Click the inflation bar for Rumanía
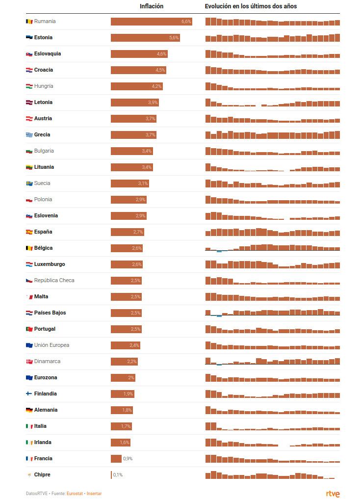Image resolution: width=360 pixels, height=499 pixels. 151,22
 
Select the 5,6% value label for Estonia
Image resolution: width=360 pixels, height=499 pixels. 174,38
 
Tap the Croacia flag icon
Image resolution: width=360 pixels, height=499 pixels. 29,70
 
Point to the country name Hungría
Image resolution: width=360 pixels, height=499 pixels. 44,86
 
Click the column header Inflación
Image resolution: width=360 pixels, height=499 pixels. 152,6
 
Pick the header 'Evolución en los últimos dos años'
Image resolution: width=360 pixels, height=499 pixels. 251,6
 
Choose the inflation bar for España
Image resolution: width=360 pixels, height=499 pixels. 127,232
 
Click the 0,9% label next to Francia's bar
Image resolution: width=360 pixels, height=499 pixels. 128,459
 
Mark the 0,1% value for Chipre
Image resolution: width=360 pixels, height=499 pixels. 118,475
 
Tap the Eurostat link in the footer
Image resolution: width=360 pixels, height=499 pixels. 75,494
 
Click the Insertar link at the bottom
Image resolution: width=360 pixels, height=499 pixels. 94,494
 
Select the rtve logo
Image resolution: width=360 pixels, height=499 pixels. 333,494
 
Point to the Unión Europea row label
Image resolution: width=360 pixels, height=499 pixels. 51,345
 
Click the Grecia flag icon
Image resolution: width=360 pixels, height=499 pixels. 29,135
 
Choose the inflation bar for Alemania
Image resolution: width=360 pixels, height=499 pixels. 122,410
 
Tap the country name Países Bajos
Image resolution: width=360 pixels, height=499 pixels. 50,313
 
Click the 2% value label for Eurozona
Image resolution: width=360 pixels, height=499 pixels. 131,378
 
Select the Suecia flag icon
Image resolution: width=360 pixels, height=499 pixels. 29,184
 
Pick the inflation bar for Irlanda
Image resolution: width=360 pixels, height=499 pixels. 120,443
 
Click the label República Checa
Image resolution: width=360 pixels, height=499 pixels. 54,281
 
